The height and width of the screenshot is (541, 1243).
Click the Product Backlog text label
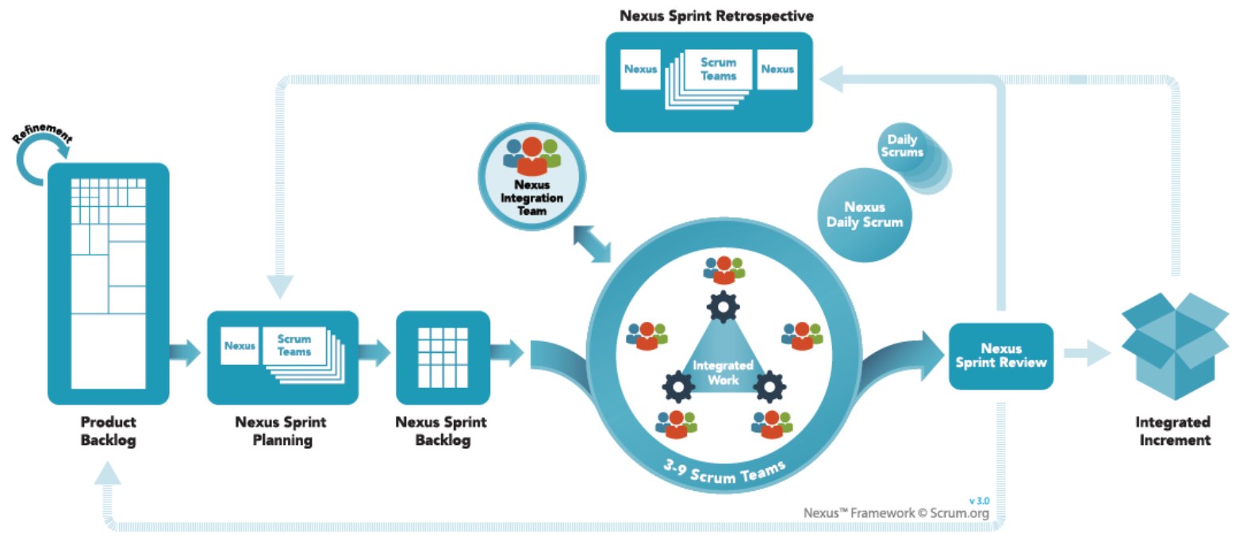tap(108, 431)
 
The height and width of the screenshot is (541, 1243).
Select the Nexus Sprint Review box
tap(1001, 356)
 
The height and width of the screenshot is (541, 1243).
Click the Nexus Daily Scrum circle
tap(864, 214)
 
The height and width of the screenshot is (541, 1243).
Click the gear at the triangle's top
tap(723, 307)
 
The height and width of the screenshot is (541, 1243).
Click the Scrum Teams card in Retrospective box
tap(718, 69)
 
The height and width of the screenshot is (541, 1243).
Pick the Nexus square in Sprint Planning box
tap(240, 346)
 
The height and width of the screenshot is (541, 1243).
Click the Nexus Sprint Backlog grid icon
tap(443, 357)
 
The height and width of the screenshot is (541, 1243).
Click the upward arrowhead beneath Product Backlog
tap(108, 474)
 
